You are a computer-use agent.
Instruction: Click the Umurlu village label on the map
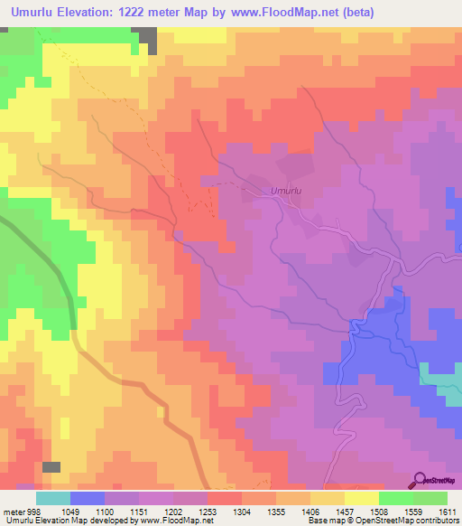(x=285, y=191)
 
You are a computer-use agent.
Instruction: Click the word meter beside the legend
(x=12, y=512)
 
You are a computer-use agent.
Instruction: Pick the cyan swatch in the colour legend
(x=53, y=498)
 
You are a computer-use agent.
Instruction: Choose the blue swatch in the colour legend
(x=88, y=498)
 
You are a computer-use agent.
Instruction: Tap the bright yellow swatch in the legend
(x=362, y=498)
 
